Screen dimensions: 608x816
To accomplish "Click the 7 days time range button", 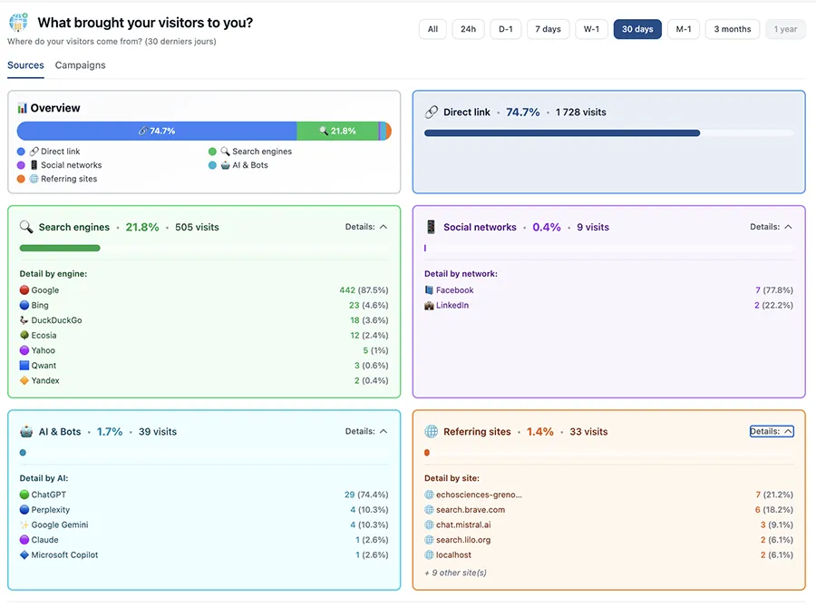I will point(548,29).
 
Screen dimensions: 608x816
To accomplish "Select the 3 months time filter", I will point(733,29).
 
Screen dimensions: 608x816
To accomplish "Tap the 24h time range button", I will point(468,29).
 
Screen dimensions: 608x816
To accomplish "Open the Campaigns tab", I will point(80,65).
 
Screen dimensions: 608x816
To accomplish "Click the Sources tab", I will point(25,65).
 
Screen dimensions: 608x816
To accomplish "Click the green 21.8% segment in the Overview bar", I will point(337,131).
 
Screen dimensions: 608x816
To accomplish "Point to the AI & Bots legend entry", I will point(244,165).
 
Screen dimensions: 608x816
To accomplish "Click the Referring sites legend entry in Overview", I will point(63,179).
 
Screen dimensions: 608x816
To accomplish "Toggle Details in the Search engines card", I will point(366,227).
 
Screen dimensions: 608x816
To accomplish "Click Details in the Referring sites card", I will point(772,432).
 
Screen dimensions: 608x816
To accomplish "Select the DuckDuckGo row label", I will point(56,320).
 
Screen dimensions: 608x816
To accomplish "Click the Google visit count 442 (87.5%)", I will point(364,290).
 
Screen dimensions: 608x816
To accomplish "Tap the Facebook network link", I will point(454,290).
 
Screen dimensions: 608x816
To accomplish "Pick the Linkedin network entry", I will point(452,306).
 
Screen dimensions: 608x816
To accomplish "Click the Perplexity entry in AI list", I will point(50,510).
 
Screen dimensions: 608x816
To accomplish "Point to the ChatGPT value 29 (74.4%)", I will point(366,495).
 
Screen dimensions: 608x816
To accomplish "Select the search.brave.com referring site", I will point(470,510).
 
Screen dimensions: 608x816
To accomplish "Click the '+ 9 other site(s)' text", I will point(455,573).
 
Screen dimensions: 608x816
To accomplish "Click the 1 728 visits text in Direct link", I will point(580,113).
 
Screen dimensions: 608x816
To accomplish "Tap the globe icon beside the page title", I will point(18,23).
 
